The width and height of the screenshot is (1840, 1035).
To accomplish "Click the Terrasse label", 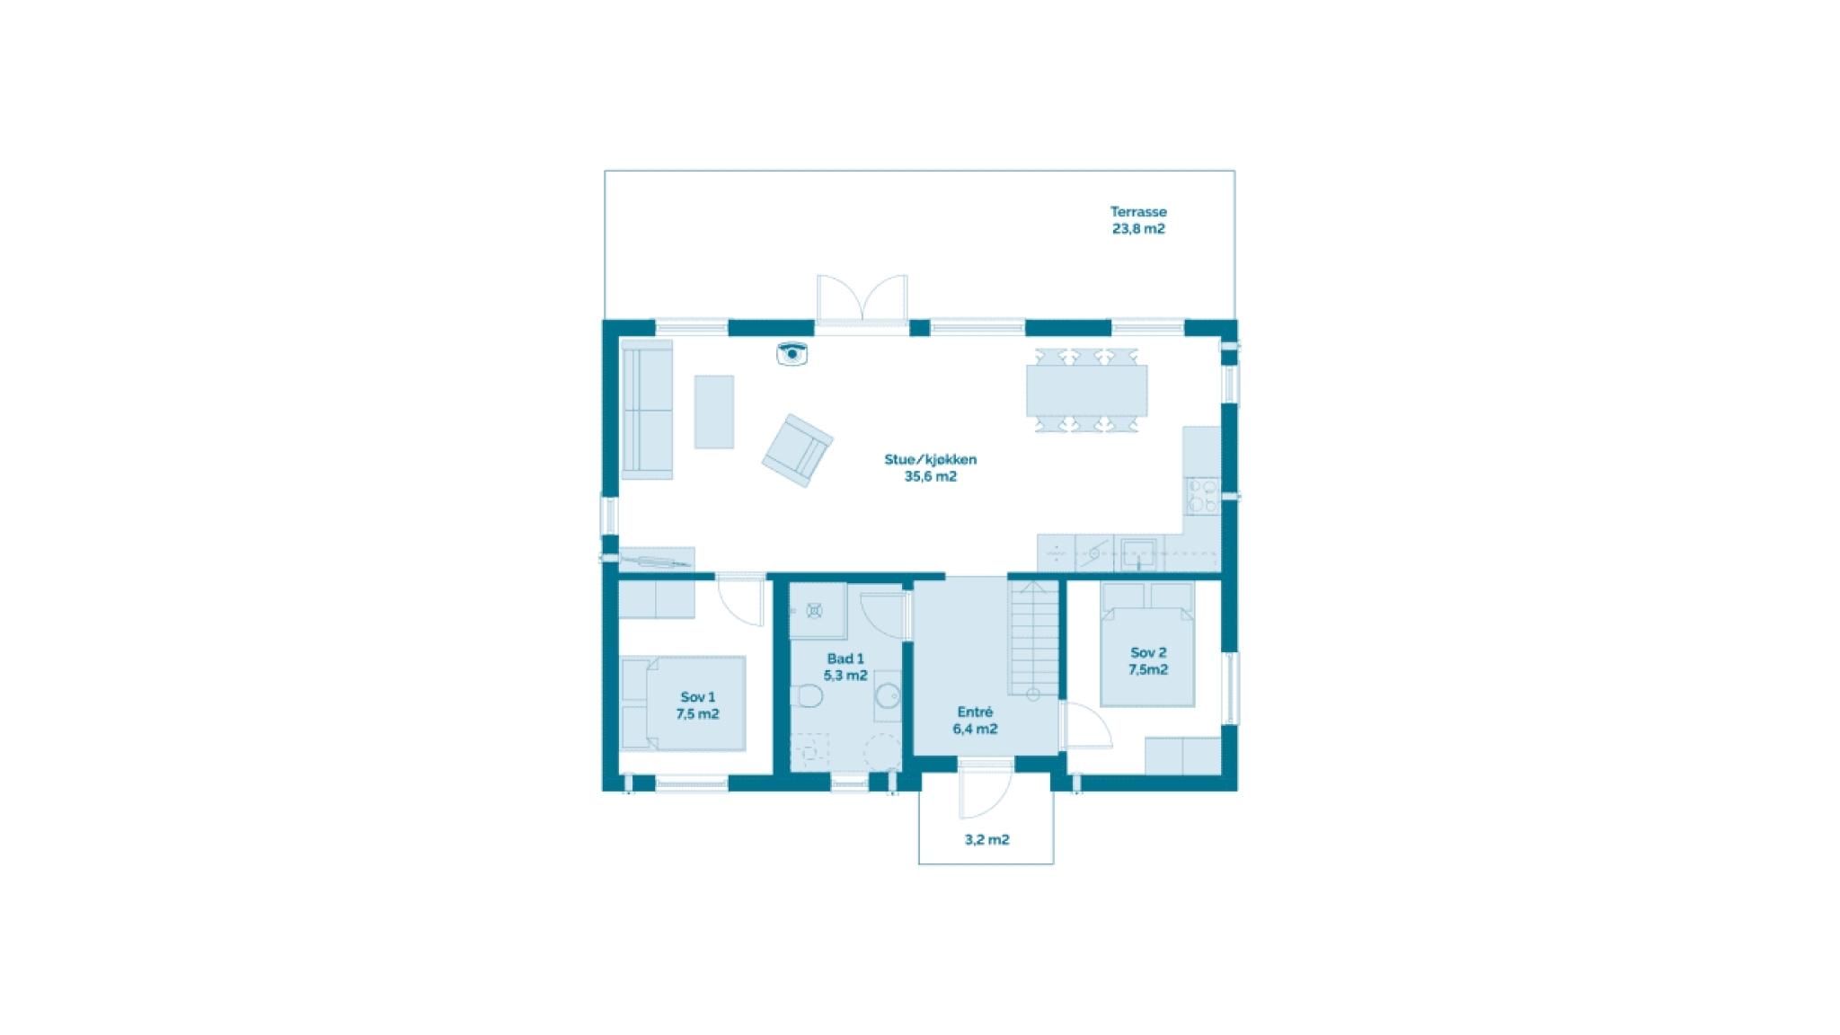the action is point(1138,212).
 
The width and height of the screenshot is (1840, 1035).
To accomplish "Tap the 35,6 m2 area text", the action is point(931,476).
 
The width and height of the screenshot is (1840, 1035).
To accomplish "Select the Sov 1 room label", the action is point(698,697).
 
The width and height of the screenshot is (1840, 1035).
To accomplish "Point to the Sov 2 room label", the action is point(1148,653).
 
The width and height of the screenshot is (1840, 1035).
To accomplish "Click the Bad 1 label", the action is point(845,659).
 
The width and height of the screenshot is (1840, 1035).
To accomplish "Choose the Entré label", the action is point(975,712).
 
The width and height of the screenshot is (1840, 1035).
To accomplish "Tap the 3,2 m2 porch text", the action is point(986,839).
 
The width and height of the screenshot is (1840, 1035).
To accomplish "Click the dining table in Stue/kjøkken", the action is point(1087,390).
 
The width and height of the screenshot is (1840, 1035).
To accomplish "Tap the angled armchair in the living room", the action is point(798,449).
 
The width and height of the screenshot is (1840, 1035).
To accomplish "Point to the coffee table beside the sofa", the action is point(714,411).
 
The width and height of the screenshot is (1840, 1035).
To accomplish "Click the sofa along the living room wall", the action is point(647,410).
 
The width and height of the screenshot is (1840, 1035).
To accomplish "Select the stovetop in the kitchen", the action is point(1202,496).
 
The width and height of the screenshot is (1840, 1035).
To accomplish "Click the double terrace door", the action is point(862,298).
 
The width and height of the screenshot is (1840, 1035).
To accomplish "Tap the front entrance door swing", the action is point(986,791).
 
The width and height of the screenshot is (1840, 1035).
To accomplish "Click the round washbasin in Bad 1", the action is point(888,695).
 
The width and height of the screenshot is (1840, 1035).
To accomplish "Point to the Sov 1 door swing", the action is point(740,600).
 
